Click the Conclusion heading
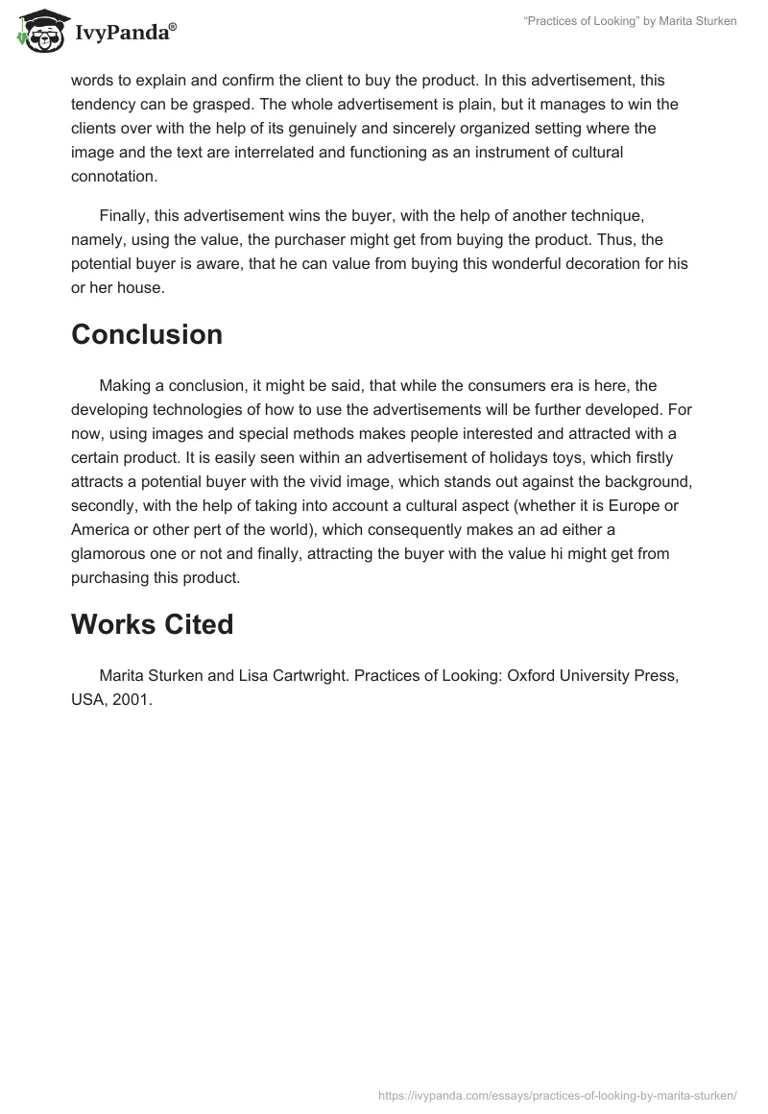(147, 334)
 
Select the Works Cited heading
(152, 624)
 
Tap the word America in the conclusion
(102, 530)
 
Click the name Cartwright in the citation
(304, 676)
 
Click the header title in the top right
(631, 21)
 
